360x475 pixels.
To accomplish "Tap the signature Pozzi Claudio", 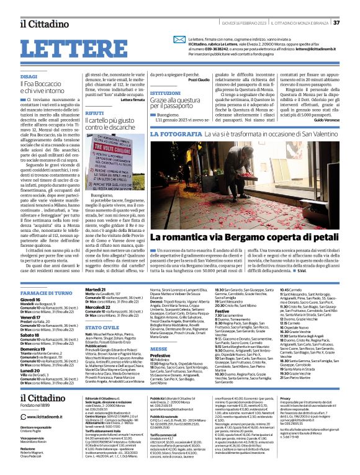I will [198, 81].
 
